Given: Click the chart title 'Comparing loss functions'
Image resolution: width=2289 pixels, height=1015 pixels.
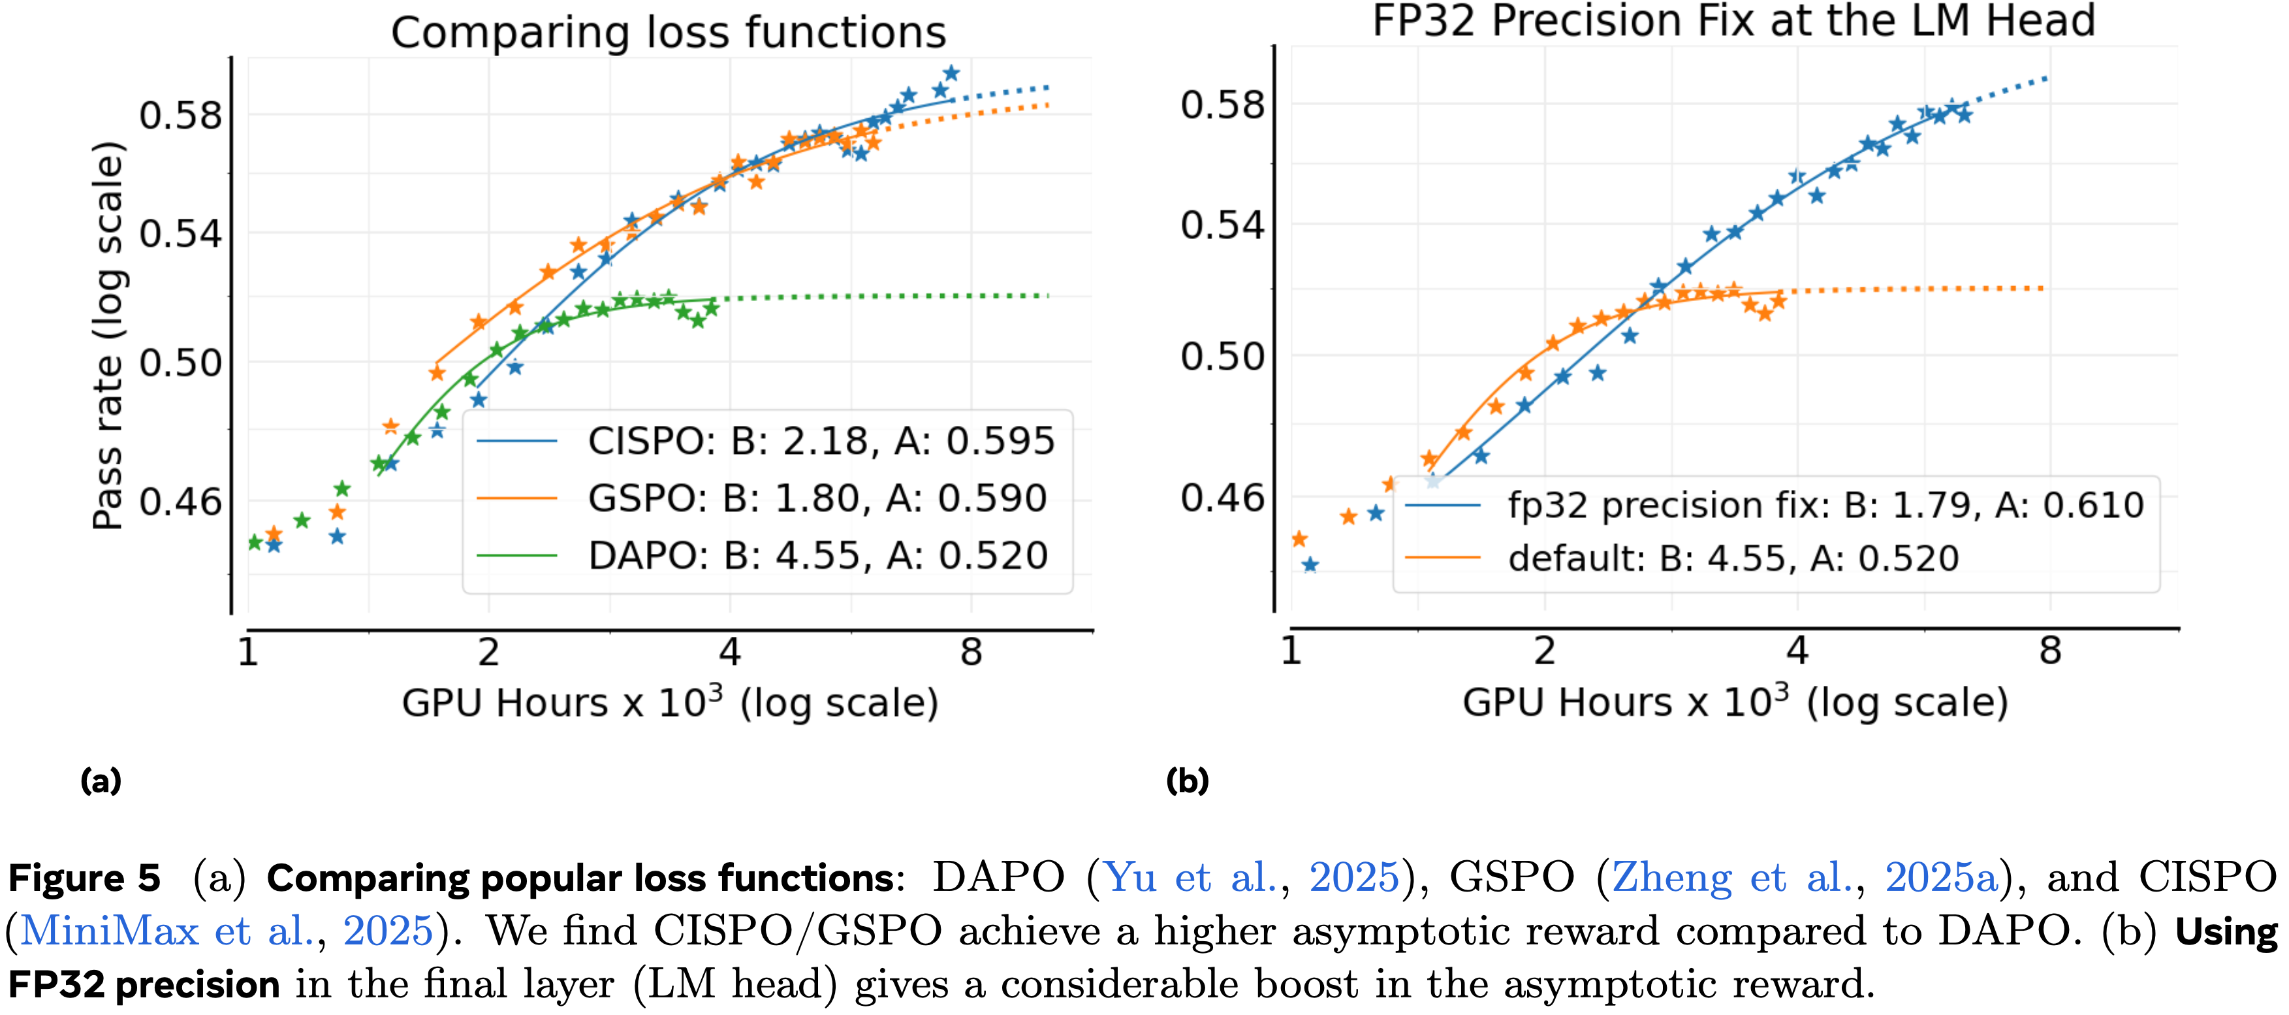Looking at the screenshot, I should coord(668,33).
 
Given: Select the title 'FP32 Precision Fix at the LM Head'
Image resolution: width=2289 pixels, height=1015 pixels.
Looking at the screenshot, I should coord(1733,22).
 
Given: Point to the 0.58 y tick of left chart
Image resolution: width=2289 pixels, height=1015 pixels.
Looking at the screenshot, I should coord(180,116).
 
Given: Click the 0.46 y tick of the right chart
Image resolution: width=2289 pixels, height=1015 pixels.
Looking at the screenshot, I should coord(1222,498).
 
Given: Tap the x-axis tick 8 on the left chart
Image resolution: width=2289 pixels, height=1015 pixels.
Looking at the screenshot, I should coord(971,653).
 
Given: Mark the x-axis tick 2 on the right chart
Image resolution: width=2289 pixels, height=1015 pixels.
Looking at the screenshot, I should coord(1544,651).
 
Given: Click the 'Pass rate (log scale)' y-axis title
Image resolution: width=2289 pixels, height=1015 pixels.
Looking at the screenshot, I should coord(108,336).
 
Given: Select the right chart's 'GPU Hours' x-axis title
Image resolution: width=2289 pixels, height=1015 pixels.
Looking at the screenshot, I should coord(1735,702).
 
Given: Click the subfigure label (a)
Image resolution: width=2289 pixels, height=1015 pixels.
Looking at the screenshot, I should coord(101,781).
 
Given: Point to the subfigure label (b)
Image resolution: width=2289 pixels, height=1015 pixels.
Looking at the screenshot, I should coord(1187,781).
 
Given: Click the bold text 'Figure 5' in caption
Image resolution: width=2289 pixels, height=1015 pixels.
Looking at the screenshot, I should coord(84,878).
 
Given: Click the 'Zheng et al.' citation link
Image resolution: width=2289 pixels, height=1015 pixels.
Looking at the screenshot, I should coord(1698,878).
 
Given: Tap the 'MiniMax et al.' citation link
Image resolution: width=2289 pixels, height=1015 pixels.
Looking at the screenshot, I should coord(163,931).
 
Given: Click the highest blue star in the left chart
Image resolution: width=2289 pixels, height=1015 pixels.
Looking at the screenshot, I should coord(951,73).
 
